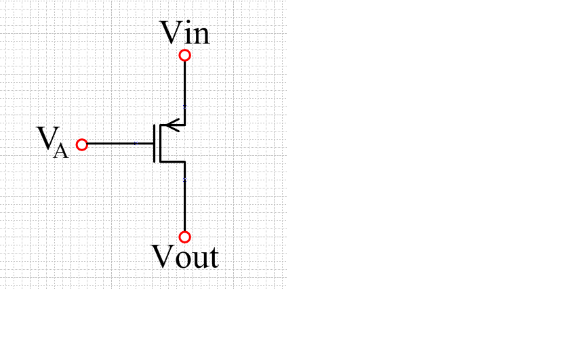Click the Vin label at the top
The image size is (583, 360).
[x=184, y=33]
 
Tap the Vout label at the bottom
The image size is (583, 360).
[x=184, y=258]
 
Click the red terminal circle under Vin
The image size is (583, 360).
[x=184, y=55]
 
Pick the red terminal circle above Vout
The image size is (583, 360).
[x=184, y=237]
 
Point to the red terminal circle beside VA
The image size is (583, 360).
[x=82, y=144]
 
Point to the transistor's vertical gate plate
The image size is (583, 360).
[x=155, y=143]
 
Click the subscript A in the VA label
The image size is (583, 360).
[x=60, y=151]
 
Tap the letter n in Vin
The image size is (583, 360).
[x=201, y=35]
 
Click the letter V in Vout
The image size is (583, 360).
[x=161, y=257]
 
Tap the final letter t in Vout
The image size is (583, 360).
[x=212, y=259]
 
